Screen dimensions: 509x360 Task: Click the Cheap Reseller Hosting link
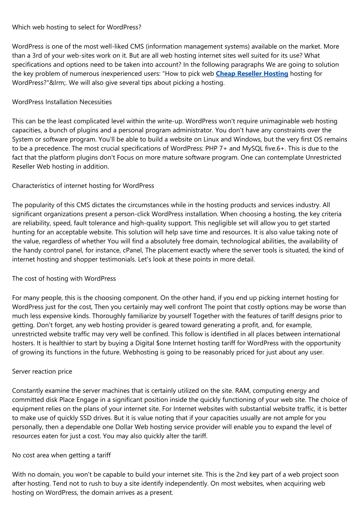tap(252, 74)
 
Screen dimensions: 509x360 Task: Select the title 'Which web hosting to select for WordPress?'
tap(77, 27)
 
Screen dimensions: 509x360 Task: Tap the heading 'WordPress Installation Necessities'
tap(62, 102)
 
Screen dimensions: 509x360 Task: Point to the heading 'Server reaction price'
tap(42, 371)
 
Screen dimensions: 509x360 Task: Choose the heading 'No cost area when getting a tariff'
tap(61, 455)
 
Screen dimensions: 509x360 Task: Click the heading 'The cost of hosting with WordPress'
tap(64, 279)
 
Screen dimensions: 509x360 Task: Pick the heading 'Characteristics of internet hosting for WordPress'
tap(83, 185)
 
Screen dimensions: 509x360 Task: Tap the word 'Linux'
tap(210, 139)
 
